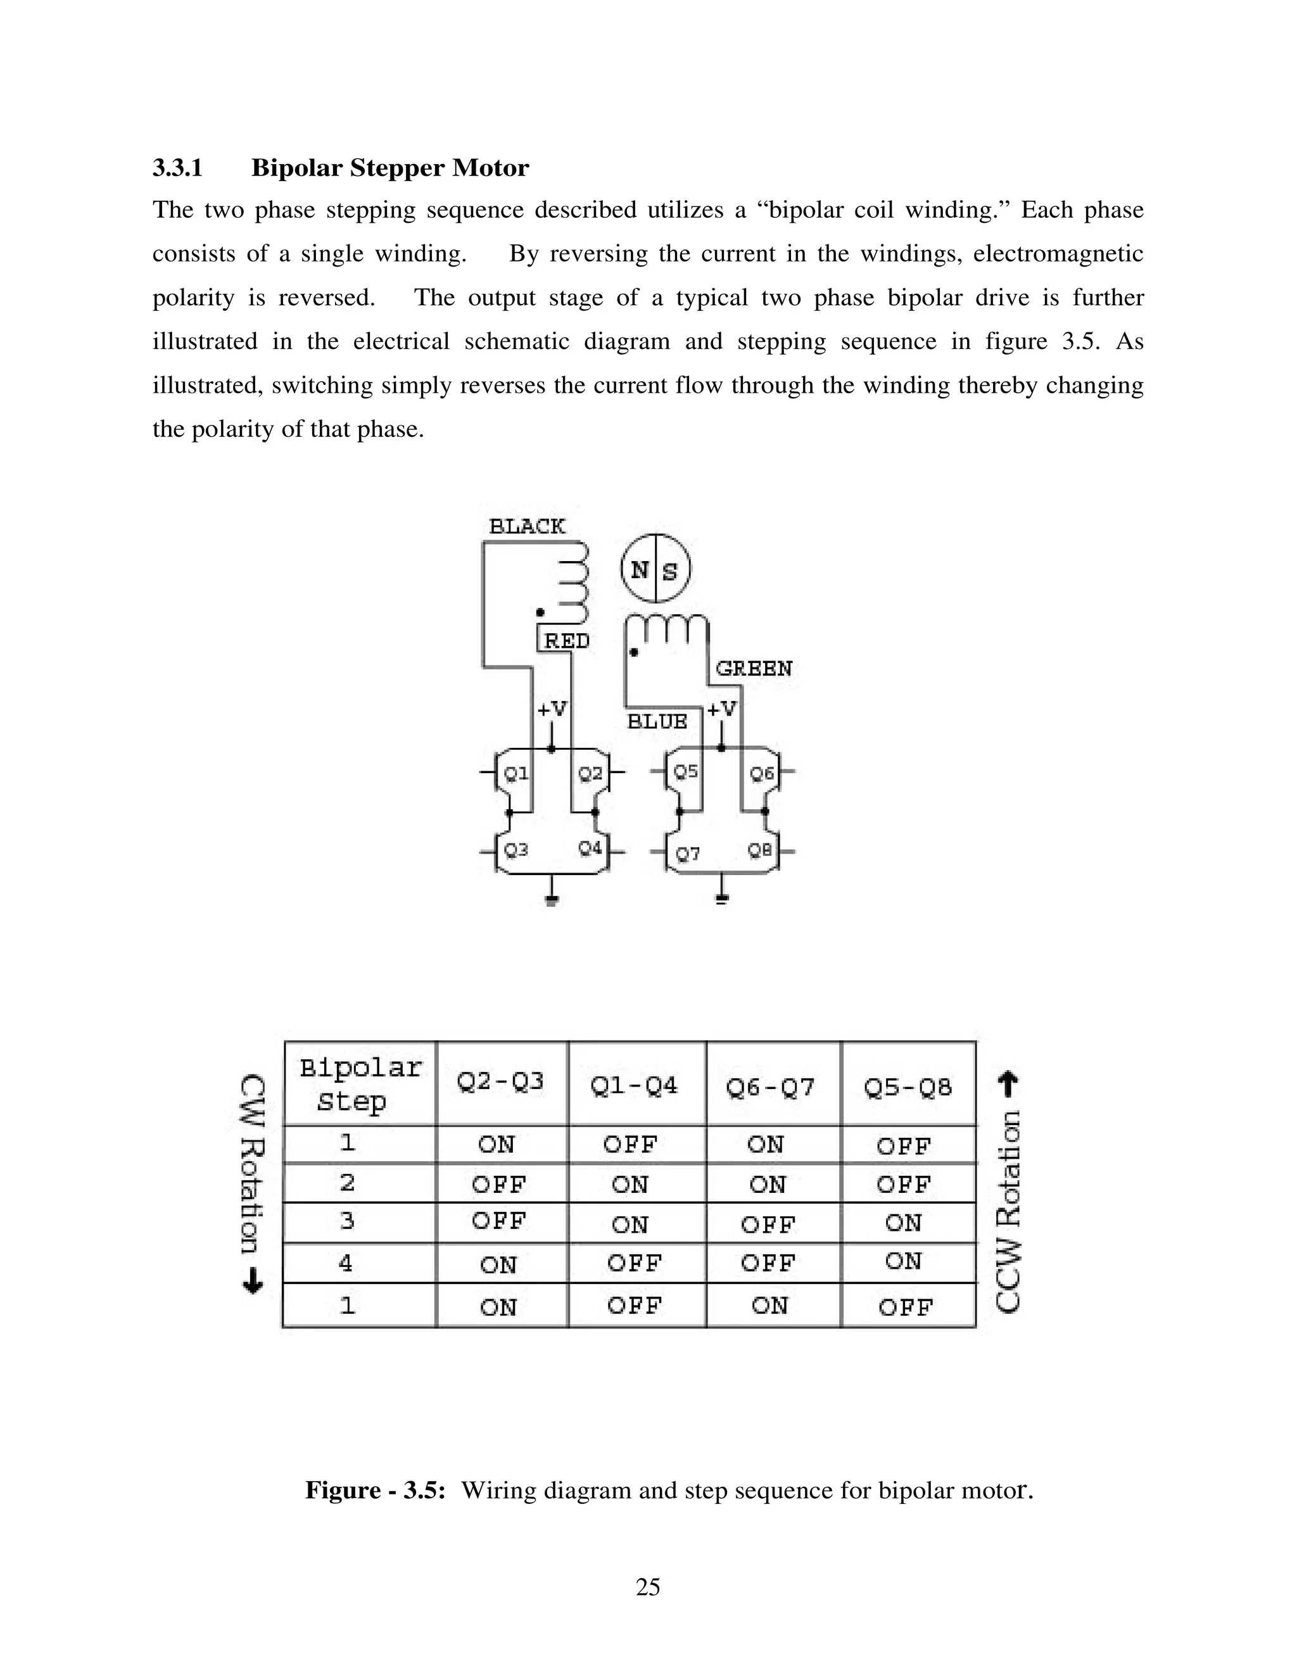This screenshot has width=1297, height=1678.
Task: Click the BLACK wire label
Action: tap(527, 526)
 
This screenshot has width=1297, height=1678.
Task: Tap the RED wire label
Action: tap(567, 641)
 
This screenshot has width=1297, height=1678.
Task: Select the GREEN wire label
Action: tap(754, 669)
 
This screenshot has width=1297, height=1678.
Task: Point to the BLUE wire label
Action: tap(657, 721)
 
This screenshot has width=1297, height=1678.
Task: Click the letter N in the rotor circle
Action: tap(639, 570)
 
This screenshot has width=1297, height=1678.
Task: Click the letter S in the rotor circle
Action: tap(670, 571)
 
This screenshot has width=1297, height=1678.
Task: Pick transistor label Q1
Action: tap(516, 773)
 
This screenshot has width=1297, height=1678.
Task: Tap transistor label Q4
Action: tap(590, 848)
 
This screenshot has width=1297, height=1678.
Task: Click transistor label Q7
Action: tap(688, 854)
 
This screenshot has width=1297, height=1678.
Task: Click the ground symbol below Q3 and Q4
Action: tap(552, 899)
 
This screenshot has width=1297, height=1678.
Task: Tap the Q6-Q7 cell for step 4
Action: tap(767, 1263)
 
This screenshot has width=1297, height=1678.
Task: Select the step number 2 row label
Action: tap(347, 1182)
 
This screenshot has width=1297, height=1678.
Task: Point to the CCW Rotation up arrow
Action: tap(1008, 1085)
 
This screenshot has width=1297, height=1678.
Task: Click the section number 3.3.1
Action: tap(177, 168)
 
